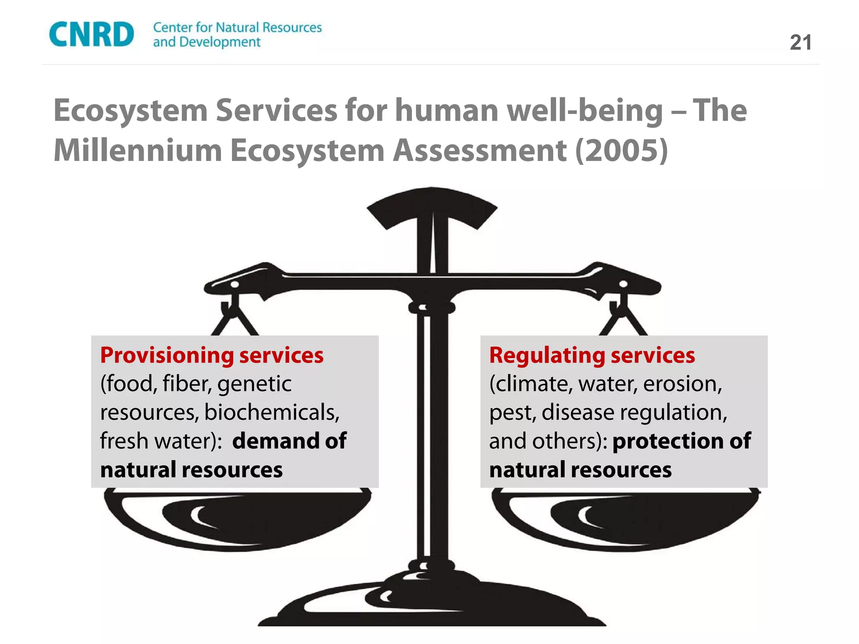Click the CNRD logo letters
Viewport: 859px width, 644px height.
[x=91, y=34]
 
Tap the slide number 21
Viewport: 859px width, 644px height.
[x=800, y=43]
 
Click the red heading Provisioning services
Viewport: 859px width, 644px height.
[x=212, y=355]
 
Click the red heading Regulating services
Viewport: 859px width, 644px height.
[x=592, y=355]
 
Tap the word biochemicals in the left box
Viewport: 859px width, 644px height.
[x=272, y=412]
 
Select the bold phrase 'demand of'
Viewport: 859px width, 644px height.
[x=289, y=441]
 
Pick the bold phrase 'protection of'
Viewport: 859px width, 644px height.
[x=682, y=441]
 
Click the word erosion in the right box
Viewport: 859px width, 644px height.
[x=682, y=384]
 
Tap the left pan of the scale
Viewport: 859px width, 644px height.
[x=237, y=520]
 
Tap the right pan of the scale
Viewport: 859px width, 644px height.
[x=625, y=520]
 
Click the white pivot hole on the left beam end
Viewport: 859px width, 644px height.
[x=235, y=285]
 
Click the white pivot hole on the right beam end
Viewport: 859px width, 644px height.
[x=624, y=284]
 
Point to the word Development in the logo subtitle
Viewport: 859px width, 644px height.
[x=220, y=42]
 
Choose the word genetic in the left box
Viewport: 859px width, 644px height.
[x=255, y=384]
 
